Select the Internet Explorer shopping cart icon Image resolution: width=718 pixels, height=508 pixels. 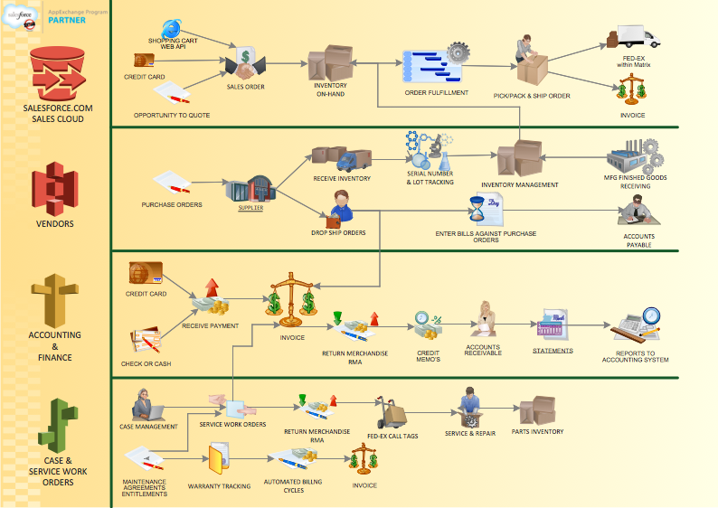tap(171, 29)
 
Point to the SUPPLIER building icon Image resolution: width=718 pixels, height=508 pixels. tap(250, 190)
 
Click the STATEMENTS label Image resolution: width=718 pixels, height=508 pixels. tap(553, 351)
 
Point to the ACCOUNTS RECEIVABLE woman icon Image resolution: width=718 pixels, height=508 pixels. tap(487, 319)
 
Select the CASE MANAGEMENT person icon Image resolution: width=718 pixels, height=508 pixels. tap(145, 404)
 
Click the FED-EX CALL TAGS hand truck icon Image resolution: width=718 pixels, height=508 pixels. tap(391, 413)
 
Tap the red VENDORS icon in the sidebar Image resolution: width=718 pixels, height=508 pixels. tap(55, 189)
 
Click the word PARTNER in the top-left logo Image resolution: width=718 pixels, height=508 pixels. tap(67, 19)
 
